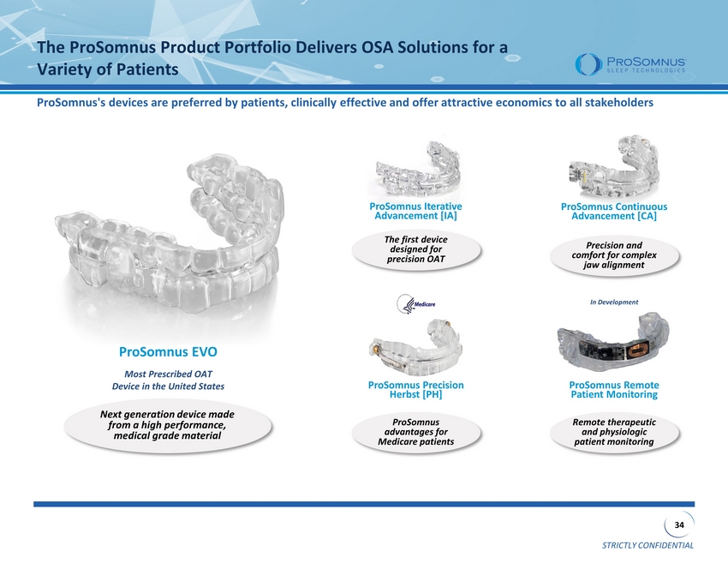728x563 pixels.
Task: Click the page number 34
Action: click(679, 525)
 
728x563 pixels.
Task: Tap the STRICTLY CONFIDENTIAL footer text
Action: click(647, 545)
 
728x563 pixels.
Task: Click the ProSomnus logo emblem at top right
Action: click(582, 64)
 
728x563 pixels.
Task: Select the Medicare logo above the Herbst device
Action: click(416, 304)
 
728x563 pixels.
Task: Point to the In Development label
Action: click(614, 302)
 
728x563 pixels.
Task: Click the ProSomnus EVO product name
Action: click(168, 351)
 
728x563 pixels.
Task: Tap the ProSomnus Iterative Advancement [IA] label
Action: click(415, 211)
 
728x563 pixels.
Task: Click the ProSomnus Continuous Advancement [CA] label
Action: click(614, 212)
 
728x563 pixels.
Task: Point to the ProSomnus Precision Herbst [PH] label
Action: click(415, 390)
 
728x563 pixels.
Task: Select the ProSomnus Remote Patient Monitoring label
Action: click(614, 390)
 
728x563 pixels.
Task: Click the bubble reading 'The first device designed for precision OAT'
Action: click(416, 249)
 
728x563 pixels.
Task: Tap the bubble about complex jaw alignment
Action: click(614, 255)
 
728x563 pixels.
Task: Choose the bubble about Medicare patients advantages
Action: click(416, 432)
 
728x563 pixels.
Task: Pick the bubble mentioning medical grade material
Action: click(168, 425)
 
